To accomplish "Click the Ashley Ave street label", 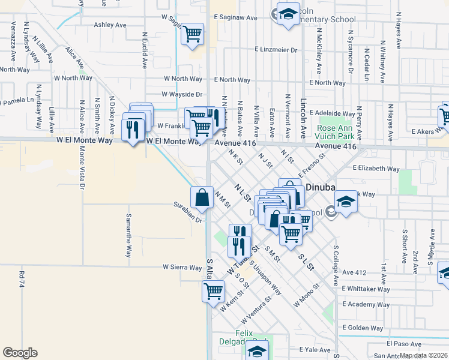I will (110, 25).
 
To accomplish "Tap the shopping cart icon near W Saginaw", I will (192, 34).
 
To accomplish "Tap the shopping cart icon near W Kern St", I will (213, 291).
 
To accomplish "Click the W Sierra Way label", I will (182, 267).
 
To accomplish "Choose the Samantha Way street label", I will (128, 234).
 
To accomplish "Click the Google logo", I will (20, 352).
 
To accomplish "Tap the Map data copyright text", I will (423, 355).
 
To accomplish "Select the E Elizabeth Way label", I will (376, 169).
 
